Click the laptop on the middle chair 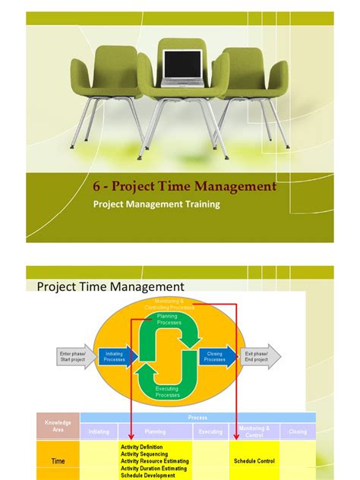[183, 67]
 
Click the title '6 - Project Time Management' [185, 186]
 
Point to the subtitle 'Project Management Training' [156, 204]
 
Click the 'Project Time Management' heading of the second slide [111, 286]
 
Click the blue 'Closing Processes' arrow [216, 355]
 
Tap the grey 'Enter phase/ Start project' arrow [75, 355]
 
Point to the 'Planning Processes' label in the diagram [169, 319]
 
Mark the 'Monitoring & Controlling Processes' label [169, 304]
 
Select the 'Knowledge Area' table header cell [58, 425]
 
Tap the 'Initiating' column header [99, 431]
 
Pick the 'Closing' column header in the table [298, 431]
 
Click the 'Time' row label [58, 461]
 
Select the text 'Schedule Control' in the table [254, 461]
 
